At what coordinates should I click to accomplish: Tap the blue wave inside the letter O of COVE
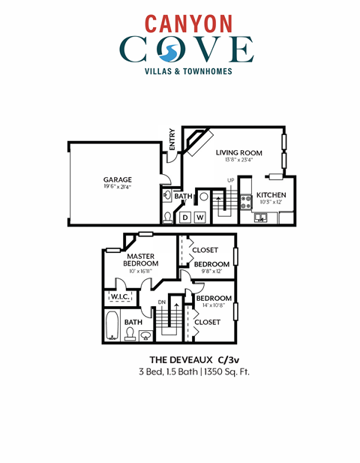pyautogui.click(x=170, y=50)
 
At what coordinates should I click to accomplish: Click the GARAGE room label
pyautogui.click(x=118, y=179)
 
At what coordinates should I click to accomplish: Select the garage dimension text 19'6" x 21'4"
pyautogui.click(x=118, y=188)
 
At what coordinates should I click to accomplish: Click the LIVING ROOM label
pyautogui.click(x=239, y=153)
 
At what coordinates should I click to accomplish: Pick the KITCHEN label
pyautogui.click(x=268, y=194)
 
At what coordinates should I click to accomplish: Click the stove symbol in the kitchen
pyautogui.click(x=244, y=201)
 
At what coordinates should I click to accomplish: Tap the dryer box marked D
pyautogui.click(x=184, y=218)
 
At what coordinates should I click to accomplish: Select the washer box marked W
pyautogui.click(x=199, y=218)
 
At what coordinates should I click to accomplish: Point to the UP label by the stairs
pyautogui.click(x=231, y=180)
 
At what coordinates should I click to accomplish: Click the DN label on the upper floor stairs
pyautogui.click(x=160, y=302)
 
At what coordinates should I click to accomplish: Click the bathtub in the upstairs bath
pyautogui.click(x=111, y=326)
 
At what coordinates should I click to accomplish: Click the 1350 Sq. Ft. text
pyautogui.click(x=225, y=371)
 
